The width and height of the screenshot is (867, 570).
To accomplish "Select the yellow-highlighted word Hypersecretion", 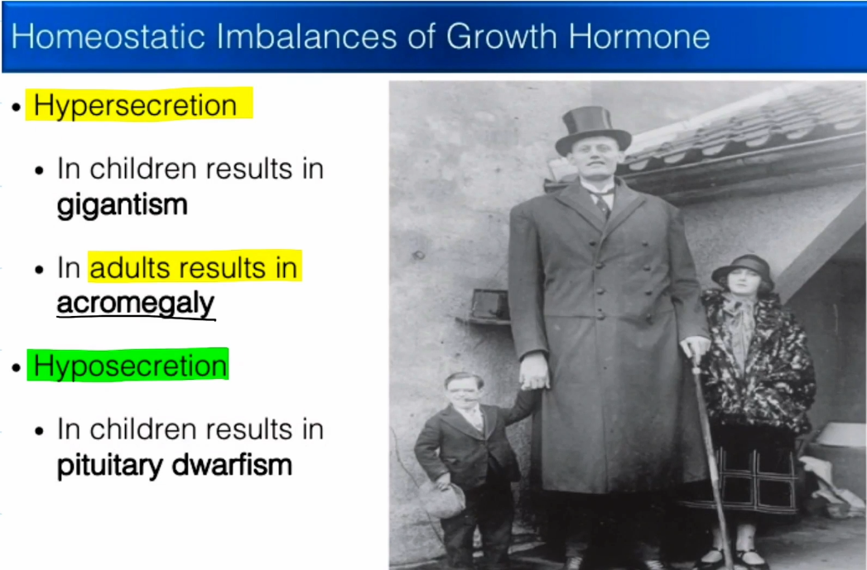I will pyautogui.click(x=135, y=106).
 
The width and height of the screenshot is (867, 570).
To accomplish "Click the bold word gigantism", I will pyautogui.click(x=122, y=204).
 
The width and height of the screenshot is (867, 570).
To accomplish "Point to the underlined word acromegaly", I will pyautogui.click(x=135, y=303).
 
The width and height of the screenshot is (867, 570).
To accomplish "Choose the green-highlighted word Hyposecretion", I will pyautogui.click(x=130, y=366).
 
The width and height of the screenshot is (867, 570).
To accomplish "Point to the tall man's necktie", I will pyautogui.click(x=602, y=202).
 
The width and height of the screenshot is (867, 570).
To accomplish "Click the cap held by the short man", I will pyautogui.click(x=442, y=498).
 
